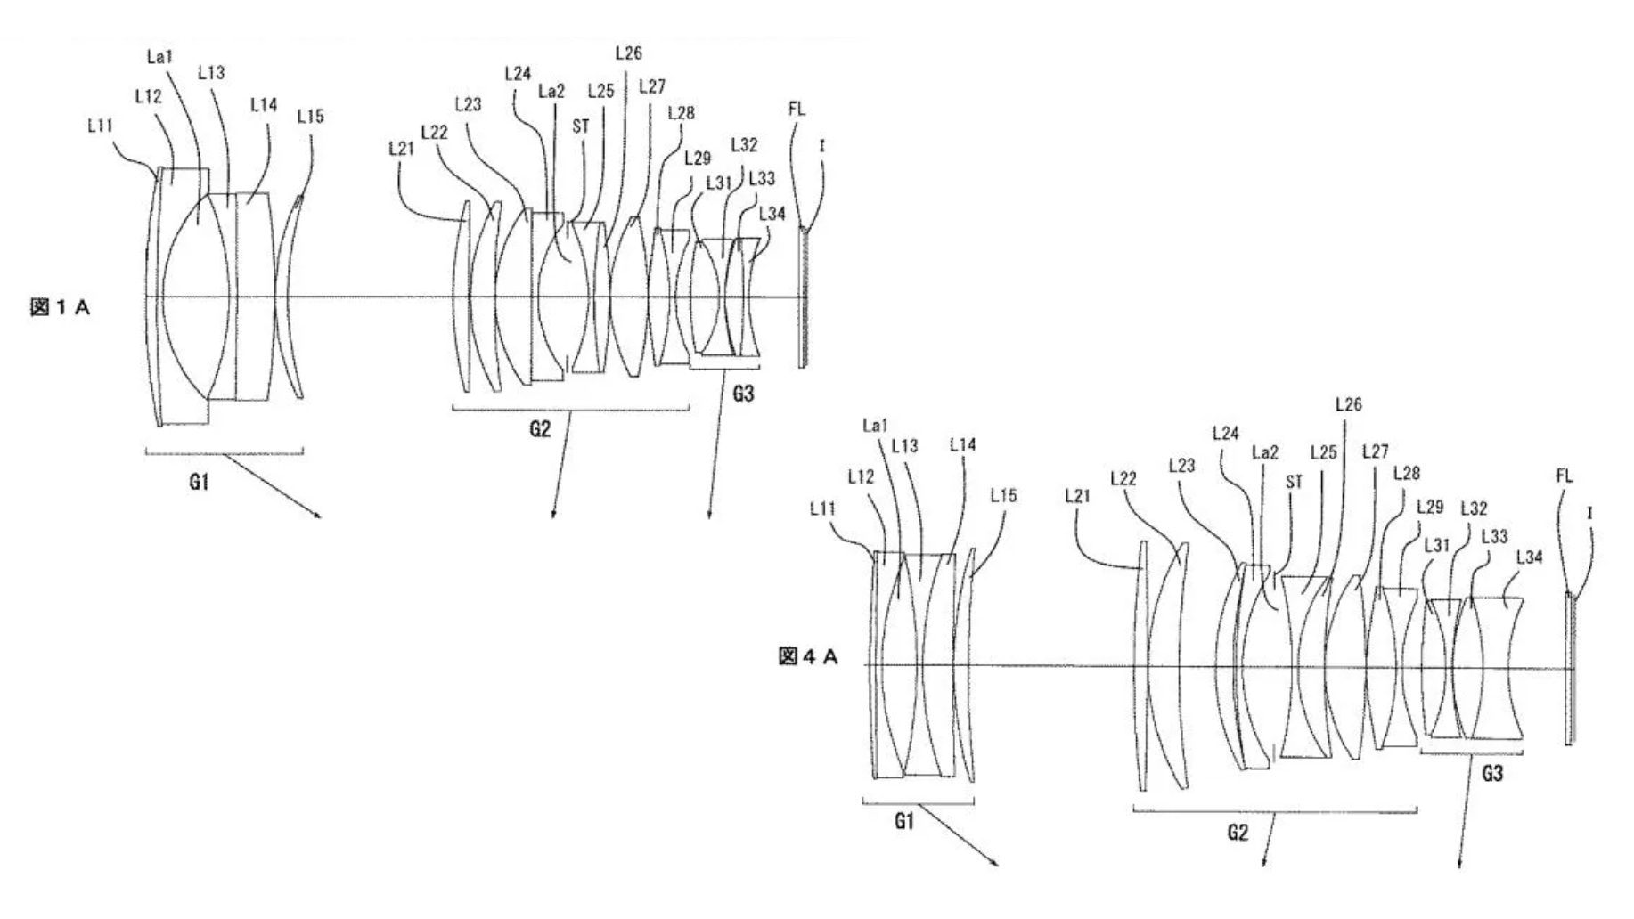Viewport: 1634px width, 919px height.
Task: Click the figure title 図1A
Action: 60,308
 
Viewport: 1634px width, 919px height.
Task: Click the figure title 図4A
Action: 808,657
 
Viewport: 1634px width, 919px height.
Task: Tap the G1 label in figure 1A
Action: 199,482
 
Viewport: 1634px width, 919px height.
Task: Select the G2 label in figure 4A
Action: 1238,833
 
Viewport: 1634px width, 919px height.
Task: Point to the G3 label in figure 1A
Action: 743,393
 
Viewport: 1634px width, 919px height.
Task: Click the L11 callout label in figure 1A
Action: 101,126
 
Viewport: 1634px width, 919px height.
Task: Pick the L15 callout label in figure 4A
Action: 1003,496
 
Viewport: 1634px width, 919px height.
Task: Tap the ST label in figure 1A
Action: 581,126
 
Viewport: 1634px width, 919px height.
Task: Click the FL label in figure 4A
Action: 1565,476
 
